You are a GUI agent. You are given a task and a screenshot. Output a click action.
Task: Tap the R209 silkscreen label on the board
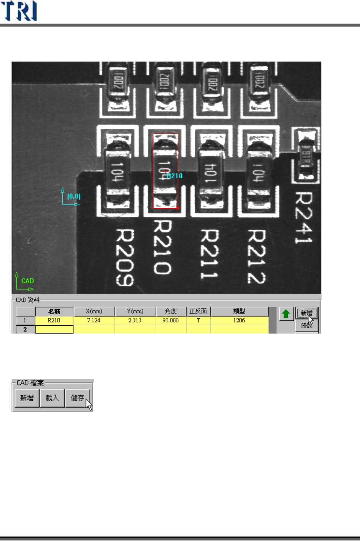point(125,257)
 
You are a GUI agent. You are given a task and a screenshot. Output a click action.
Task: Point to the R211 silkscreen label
point(209,254)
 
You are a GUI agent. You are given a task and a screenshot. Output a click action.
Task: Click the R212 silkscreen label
point(257,256)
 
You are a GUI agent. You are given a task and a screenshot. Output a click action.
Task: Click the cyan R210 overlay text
point(175,176)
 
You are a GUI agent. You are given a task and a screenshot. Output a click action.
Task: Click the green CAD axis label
point(28,281)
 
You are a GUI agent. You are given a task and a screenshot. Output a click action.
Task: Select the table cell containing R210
point(54,320)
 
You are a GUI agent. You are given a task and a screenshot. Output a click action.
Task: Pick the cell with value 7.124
point(94,320)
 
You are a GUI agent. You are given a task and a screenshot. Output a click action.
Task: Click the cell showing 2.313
point(135,320)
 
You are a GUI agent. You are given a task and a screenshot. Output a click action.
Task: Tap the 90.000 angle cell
point(170,320)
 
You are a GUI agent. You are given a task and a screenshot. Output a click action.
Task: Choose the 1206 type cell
point(239,320)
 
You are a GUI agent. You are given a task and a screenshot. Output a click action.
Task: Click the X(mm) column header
point(94,311)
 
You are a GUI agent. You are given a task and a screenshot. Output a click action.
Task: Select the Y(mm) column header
point(135,311)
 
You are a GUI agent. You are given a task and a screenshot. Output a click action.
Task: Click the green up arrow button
point(286,314)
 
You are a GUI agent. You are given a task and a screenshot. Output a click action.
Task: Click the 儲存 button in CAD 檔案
point(78,398)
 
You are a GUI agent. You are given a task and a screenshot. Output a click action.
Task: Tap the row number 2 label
point(25,329)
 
